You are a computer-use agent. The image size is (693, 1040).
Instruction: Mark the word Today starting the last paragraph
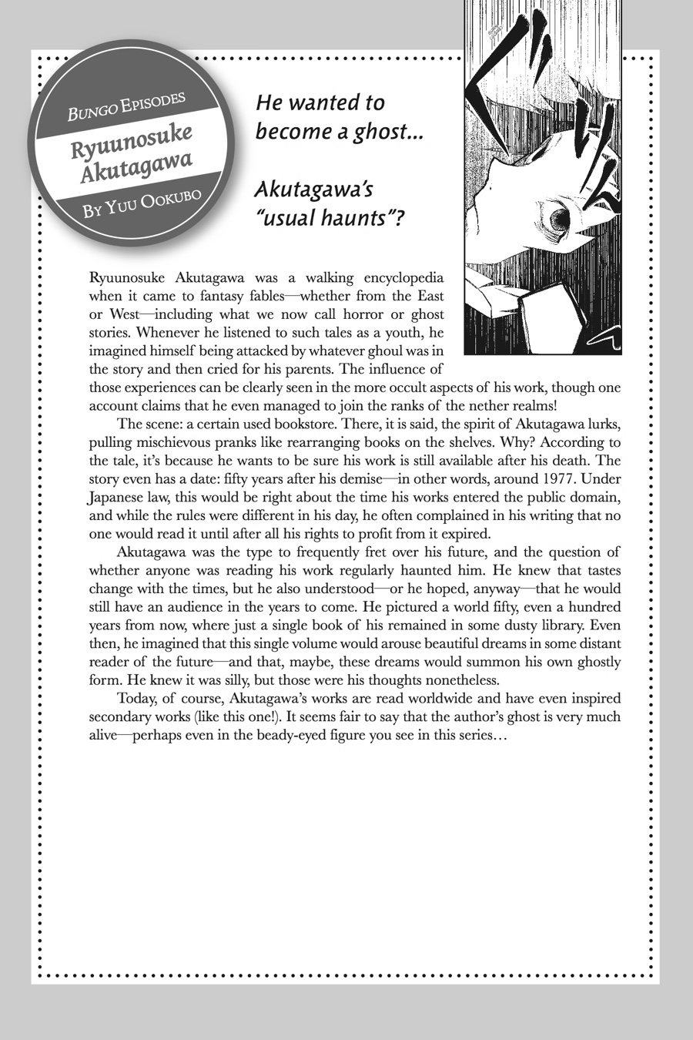click(136, 699)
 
